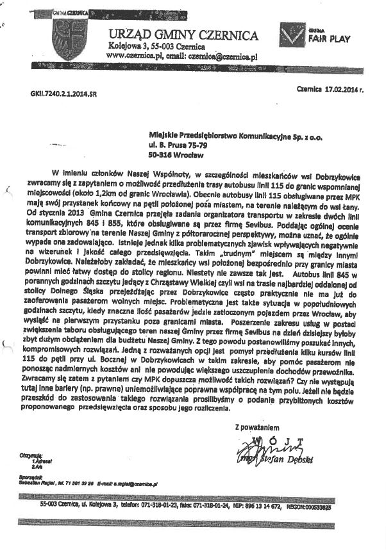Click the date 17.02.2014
coord(337,90)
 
